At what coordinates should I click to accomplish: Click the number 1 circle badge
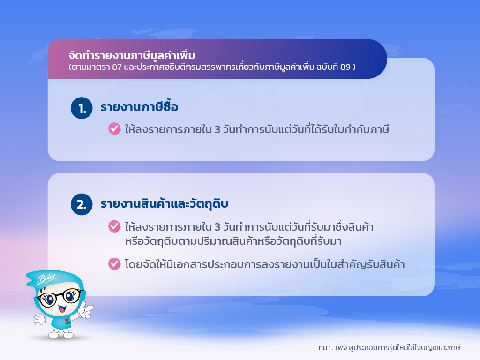(82, 108)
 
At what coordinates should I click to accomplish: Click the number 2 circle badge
(82, 204)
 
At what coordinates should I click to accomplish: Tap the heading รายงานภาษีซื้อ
(139, 106)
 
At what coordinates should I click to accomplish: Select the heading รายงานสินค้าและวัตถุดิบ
(165, 204)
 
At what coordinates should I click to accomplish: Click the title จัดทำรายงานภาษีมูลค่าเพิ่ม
(132, 55)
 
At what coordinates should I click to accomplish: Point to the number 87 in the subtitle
(117, 67)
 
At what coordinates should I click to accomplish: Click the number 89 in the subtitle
(345, 67)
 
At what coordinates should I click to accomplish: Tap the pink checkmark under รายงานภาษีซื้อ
(114, 129)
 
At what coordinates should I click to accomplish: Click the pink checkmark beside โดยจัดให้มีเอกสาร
(114, 264)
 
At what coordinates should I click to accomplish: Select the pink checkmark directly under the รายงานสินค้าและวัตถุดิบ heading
(114, 226)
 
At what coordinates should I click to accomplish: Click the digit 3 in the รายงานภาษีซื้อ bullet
(217, 130)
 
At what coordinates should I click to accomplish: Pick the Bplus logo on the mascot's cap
(46, 278)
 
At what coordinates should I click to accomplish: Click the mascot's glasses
(60, 297)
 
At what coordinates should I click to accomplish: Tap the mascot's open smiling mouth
(62, 308)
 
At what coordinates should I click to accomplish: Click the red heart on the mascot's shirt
(67, 320)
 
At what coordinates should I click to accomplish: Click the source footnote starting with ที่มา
(389, 348)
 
